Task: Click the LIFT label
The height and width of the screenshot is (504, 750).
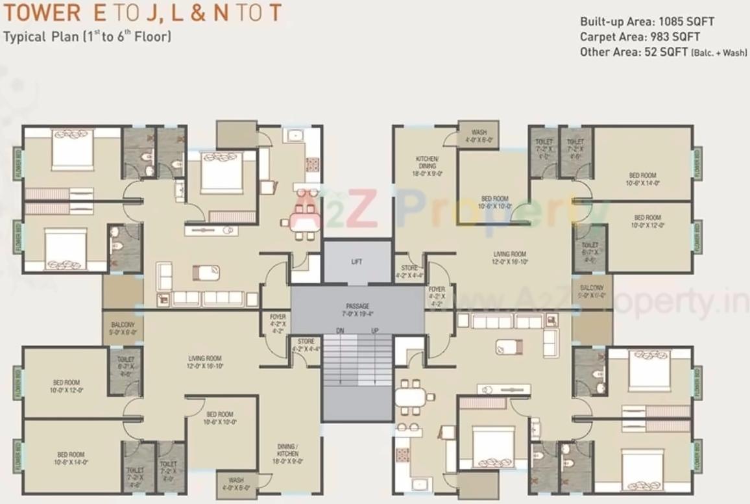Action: (357, 262)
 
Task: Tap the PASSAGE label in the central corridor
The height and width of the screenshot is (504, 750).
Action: (357, 305)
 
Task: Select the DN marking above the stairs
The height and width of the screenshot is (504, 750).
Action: (340, 331)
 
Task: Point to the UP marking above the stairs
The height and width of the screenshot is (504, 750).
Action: (374, 331)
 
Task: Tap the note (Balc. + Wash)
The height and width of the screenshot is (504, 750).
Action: (719, 53)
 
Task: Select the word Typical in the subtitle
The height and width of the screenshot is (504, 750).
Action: (24, 36)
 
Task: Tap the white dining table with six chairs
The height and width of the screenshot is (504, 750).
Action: (411, 396)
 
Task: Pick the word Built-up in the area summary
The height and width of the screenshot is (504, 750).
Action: (601, 21)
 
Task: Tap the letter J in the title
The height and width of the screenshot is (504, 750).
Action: (149, 12)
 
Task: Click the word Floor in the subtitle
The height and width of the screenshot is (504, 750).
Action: (152, 36)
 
